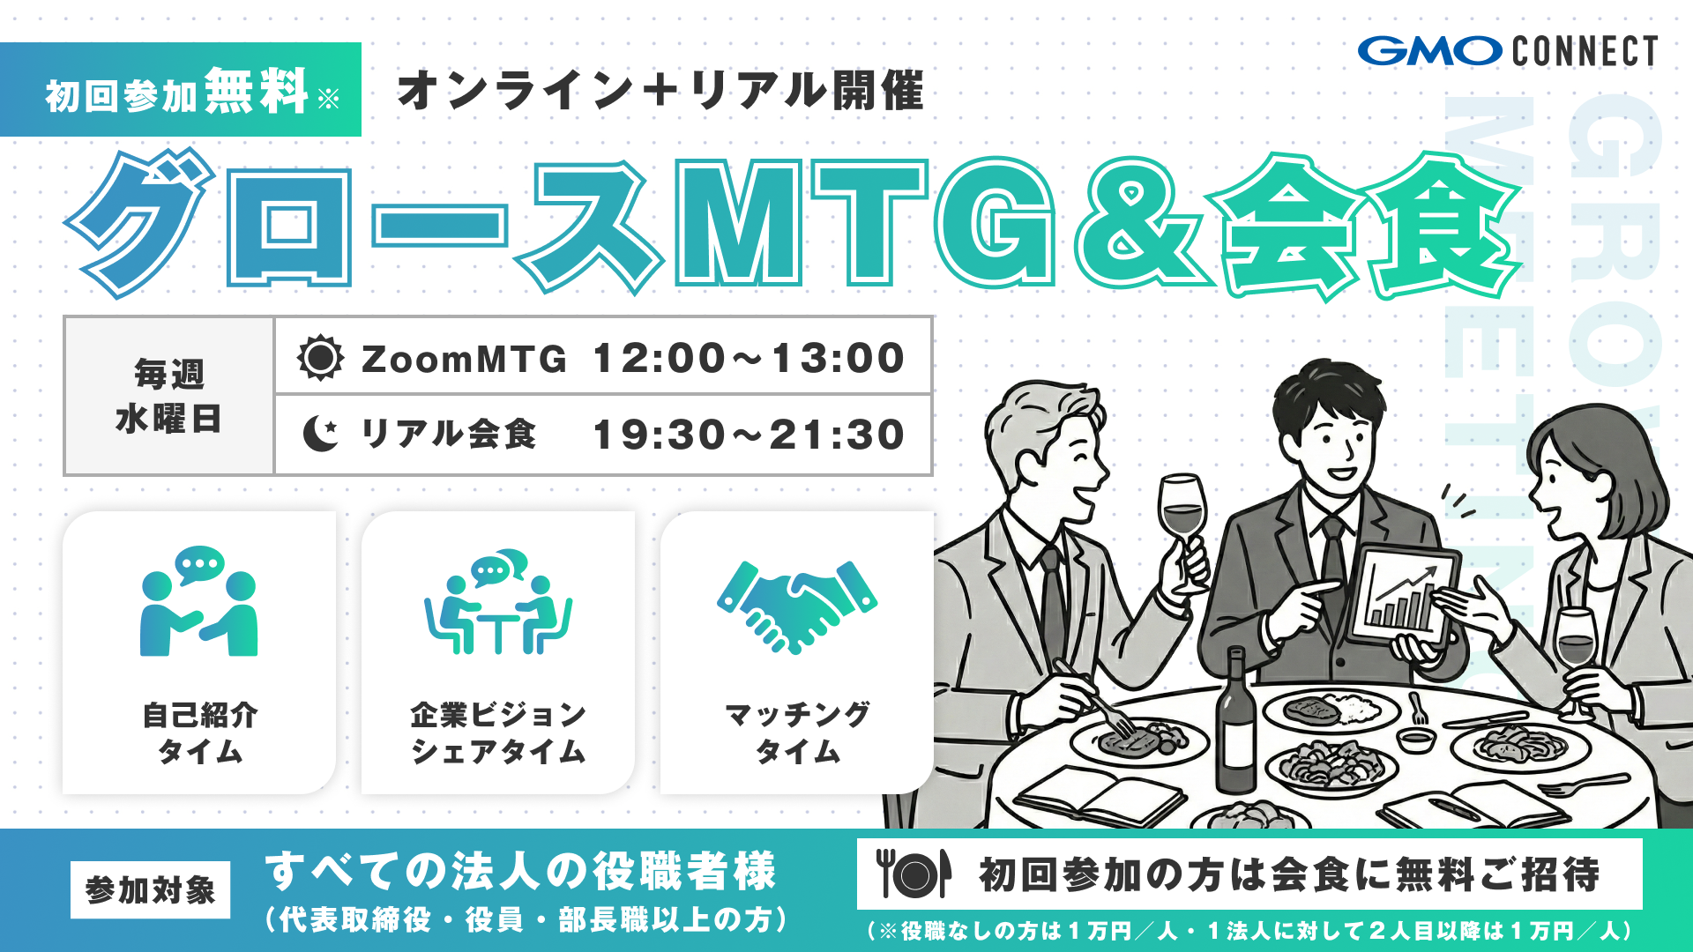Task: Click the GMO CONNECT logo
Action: point(1507,51)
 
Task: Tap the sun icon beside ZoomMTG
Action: point(320,358)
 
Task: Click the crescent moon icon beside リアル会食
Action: point(320,434)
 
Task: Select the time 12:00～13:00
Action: point(749,358)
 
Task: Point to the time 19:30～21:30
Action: point(749,435)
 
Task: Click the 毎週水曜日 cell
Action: point(168,396)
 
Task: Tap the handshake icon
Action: point(797,606)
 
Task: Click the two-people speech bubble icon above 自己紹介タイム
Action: point(199,601)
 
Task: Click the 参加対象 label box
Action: point(150,890)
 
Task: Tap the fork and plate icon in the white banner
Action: point(914,874)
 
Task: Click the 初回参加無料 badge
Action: point(181,91)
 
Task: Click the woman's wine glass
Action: point(1575,643)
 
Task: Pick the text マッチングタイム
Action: point(797,733)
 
